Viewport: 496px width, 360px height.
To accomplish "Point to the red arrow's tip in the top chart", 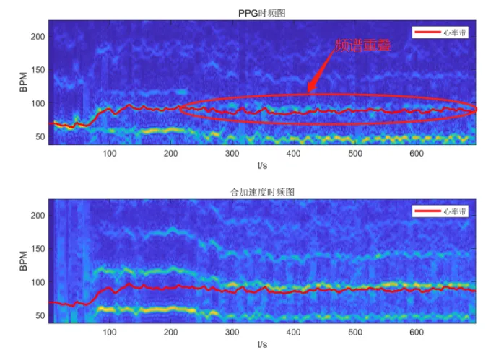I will tap(309, 92).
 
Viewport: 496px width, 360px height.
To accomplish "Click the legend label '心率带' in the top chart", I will tap(453, 32).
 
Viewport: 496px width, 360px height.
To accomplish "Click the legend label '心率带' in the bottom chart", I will tap(453, 211).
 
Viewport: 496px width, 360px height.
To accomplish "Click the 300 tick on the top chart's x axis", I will tap(232, 153).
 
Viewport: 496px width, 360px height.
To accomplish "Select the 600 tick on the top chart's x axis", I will tap(416, 153).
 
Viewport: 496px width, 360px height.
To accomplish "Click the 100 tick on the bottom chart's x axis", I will tap(110, 332).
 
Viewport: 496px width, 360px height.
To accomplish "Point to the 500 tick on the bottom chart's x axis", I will tap(354, 332).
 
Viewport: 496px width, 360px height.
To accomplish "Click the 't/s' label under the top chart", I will tap(263, 165).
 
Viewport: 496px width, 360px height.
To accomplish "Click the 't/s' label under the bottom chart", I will tap(263, 345).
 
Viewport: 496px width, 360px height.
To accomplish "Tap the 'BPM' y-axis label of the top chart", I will tap(23, 83).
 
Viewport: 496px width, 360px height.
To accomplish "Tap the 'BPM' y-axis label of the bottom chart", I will tap(23, 262).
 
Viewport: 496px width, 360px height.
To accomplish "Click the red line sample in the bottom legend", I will tap(425, 211).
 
